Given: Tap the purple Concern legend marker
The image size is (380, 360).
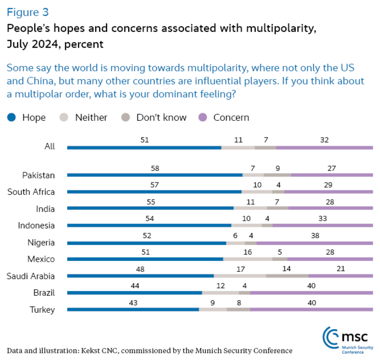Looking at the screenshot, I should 203,117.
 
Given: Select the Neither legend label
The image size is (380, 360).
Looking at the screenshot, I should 91,117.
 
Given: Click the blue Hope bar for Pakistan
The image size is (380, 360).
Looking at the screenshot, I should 155,175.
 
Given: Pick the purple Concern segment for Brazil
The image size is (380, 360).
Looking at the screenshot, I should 311,293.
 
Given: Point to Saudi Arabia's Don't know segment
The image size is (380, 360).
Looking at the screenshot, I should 287,276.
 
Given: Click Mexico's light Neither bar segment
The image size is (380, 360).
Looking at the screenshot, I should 248,259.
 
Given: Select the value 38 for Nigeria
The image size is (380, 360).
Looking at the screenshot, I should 314,235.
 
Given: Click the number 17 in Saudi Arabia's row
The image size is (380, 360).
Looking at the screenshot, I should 240,269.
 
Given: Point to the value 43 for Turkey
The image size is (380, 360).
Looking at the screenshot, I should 133,302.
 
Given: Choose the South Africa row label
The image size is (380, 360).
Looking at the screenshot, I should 31,192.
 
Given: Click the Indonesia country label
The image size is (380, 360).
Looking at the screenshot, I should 36,225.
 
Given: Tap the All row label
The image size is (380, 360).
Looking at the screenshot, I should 50,147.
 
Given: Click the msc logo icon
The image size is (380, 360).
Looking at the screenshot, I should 331,337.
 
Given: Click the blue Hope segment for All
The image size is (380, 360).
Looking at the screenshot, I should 144,147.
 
